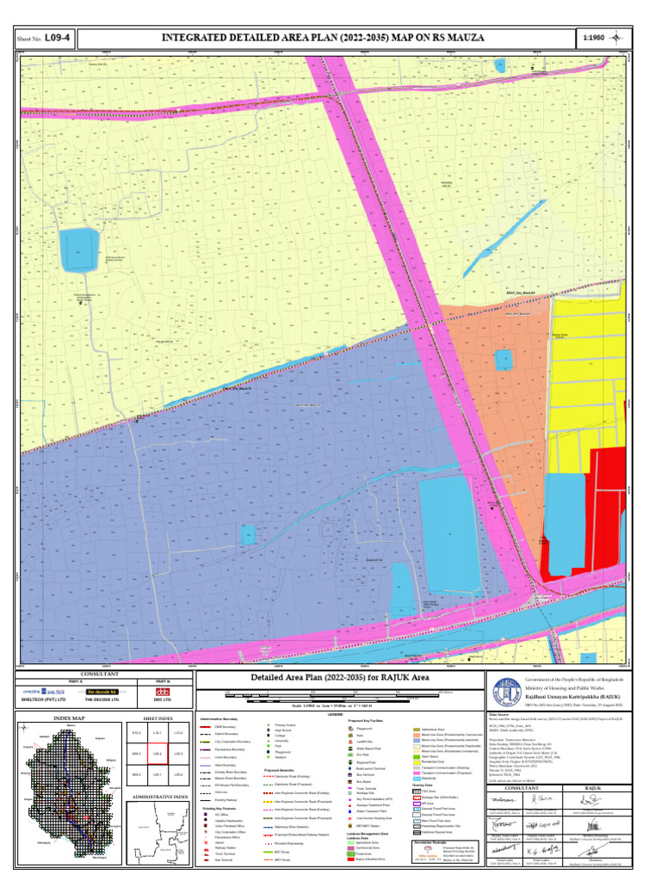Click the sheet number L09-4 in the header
pos(59,39)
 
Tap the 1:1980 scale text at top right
pos(595,39)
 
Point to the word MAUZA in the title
pos(463,39)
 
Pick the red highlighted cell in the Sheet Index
pos(158,754)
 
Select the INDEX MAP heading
pos(69,718)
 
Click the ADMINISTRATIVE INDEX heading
pos(158,798)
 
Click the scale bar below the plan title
pos(331,693)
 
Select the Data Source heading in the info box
pos(499,714)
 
